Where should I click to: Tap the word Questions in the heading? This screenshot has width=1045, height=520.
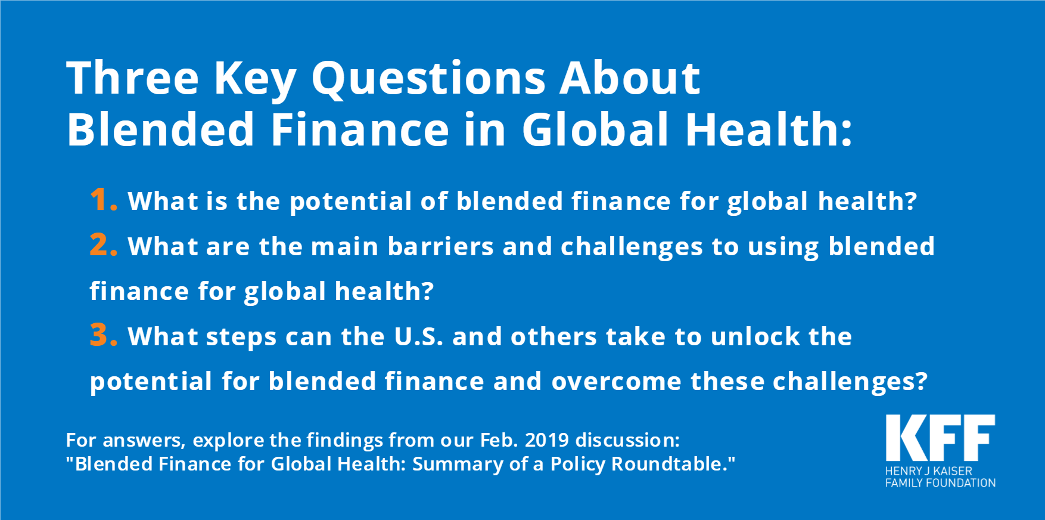428,79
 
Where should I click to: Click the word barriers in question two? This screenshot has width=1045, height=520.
440,246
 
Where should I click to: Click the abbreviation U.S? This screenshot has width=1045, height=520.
418,336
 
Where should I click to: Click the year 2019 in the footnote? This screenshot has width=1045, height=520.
547,440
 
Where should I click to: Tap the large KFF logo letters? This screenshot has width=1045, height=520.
940,438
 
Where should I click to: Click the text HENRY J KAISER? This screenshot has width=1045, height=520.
929,471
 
